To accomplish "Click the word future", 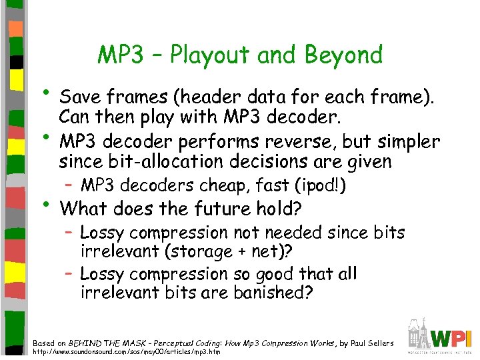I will [x=205, y=209].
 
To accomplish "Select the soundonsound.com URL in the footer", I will [x=127, y=351].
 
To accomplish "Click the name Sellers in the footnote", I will [x=377, y=343].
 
